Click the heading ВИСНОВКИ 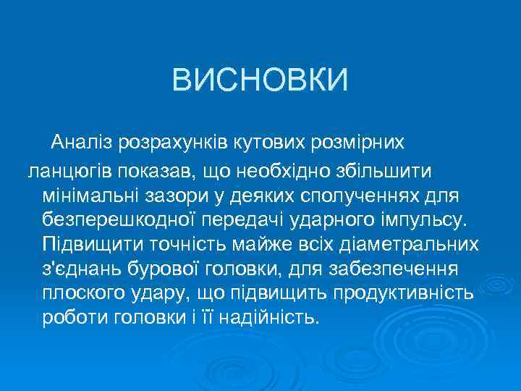[260, 80]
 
